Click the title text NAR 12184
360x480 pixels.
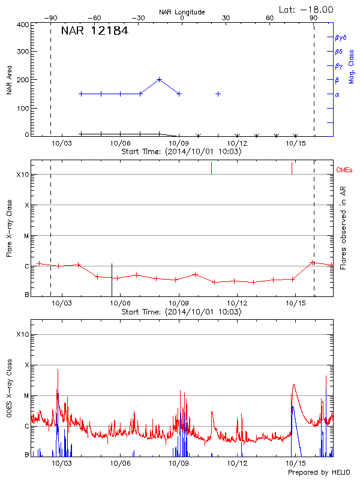[x=95, y=31]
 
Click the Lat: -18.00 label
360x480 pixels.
[x=307, y=9]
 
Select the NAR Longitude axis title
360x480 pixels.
[x=182, y=12]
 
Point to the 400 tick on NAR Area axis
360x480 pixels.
[x=23, y=25]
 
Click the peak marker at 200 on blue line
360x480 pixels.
[x=159, y=79]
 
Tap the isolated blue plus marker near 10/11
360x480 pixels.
[x=218, y=94]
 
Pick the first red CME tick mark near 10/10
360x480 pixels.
[x=211, y=168]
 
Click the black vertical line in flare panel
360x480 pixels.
[x=112, y=279]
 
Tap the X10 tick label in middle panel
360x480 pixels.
[x=22, y=175]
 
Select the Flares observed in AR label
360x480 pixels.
[x=343, y=228]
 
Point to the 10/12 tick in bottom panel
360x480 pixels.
[x=237, y=464]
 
